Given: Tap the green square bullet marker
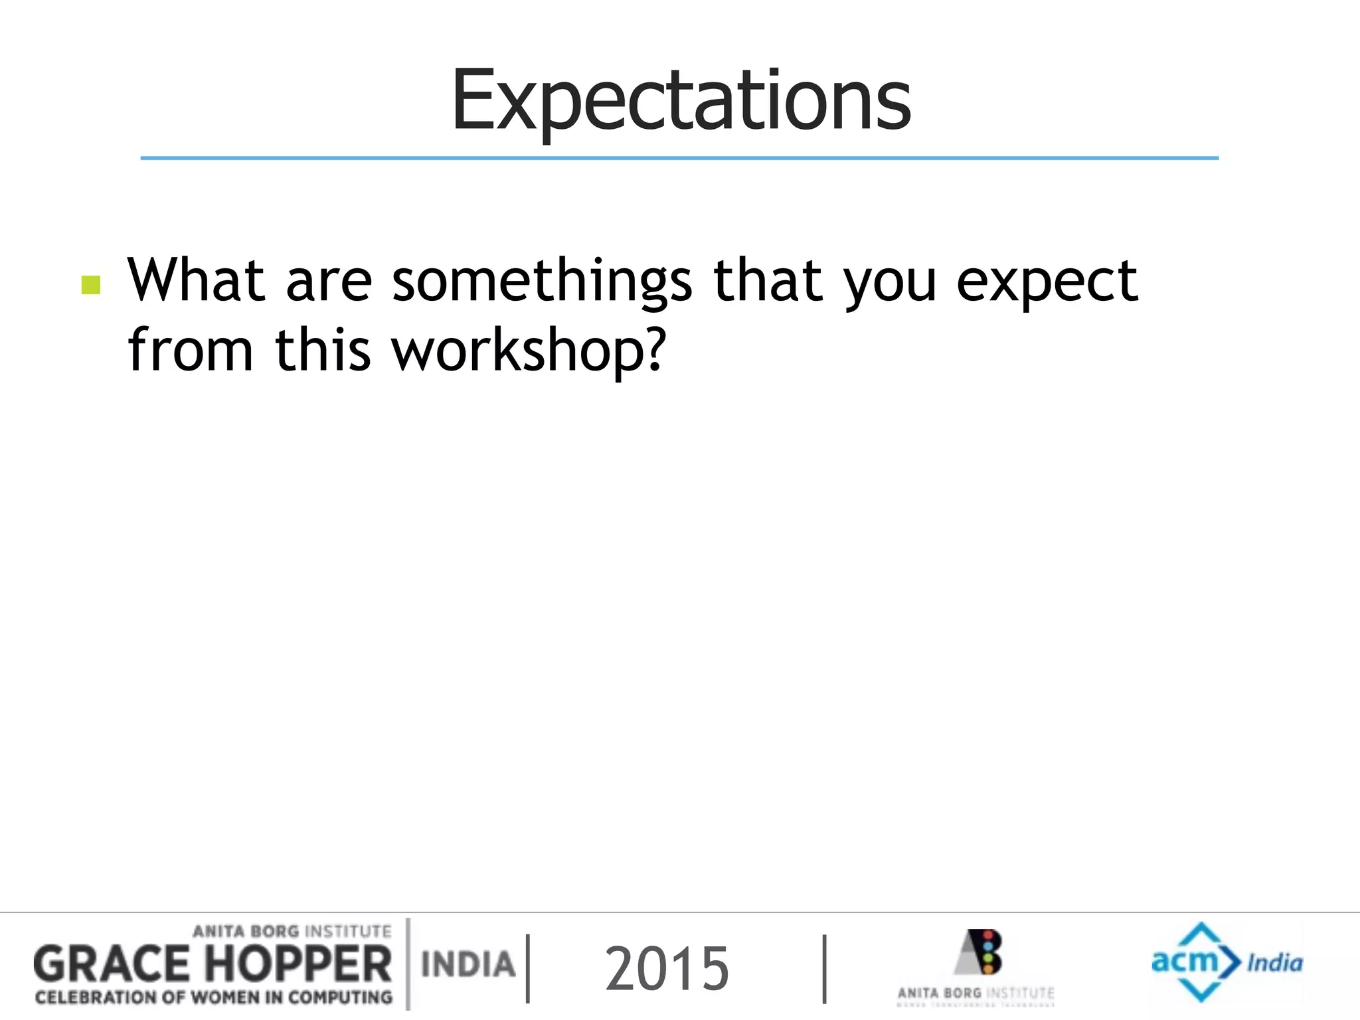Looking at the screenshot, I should click(91, 285).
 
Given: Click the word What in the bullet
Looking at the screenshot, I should click(196, 280).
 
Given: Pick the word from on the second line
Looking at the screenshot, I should click(191, 350).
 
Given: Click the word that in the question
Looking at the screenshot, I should click(768, 280).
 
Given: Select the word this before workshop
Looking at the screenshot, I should click(322, 350).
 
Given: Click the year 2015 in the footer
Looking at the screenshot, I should click(667, 969).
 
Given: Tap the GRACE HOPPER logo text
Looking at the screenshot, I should click(212, 964).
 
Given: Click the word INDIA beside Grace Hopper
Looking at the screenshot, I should click(468, 964).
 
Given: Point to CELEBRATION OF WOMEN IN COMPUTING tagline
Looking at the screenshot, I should click(214, 997).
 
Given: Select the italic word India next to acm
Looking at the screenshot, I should click(1274, 963).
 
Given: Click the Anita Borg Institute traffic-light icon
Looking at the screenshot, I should click(981, 952).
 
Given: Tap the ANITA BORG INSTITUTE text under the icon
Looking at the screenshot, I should click(975, 993).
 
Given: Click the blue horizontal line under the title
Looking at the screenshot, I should click(679, 158).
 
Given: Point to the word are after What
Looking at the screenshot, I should click(329, 282).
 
